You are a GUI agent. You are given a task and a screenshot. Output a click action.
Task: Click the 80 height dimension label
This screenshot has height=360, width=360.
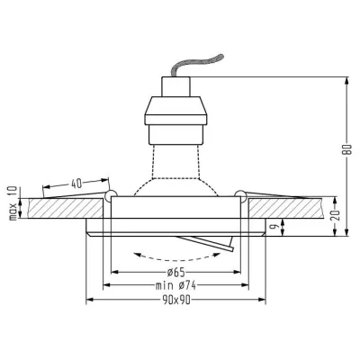click(347, 150)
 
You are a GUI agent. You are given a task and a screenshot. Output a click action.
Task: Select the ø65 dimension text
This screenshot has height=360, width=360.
click(175, 273)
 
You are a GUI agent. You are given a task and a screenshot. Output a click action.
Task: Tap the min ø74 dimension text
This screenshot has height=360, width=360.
click(175, 285)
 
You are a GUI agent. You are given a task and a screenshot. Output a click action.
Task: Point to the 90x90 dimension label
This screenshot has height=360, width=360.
click(177, 300)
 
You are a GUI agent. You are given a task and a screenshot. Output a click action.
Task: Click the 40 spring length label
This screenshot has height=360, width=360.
click(76, 184)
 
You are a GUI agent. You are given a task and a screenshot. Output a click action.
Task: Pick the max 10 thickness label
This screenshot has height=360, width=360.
click(13, 203)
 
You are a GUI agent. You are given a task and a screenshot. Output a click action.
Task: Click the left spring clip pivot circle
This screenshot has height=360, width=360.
click(111, 195)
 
